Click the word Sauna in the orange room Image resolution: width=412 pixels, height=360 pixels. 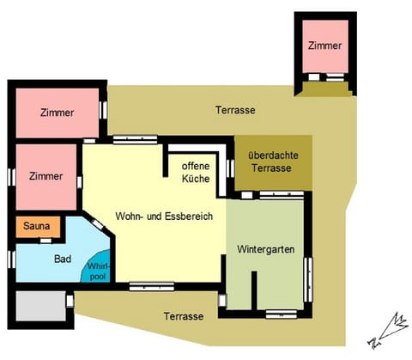pyautogui.click(x=37, y=228)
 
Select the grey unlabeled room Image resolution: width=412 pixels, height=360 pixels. pyautogui.click(x=38, y=306)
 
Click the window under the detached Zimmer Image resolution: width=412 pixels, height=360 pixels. pyautogui.click(x=325, y=77)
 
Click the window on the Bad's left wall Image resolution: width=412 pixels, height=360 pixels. pyautogui.click(x=10, y=258)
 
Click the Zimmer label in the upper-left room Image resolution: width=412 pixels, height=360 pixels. pyautogui.click(x=57, y=113)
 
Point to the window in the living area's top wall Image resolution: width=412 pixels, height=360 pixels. pyautogui.click(x=134, y=138)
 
